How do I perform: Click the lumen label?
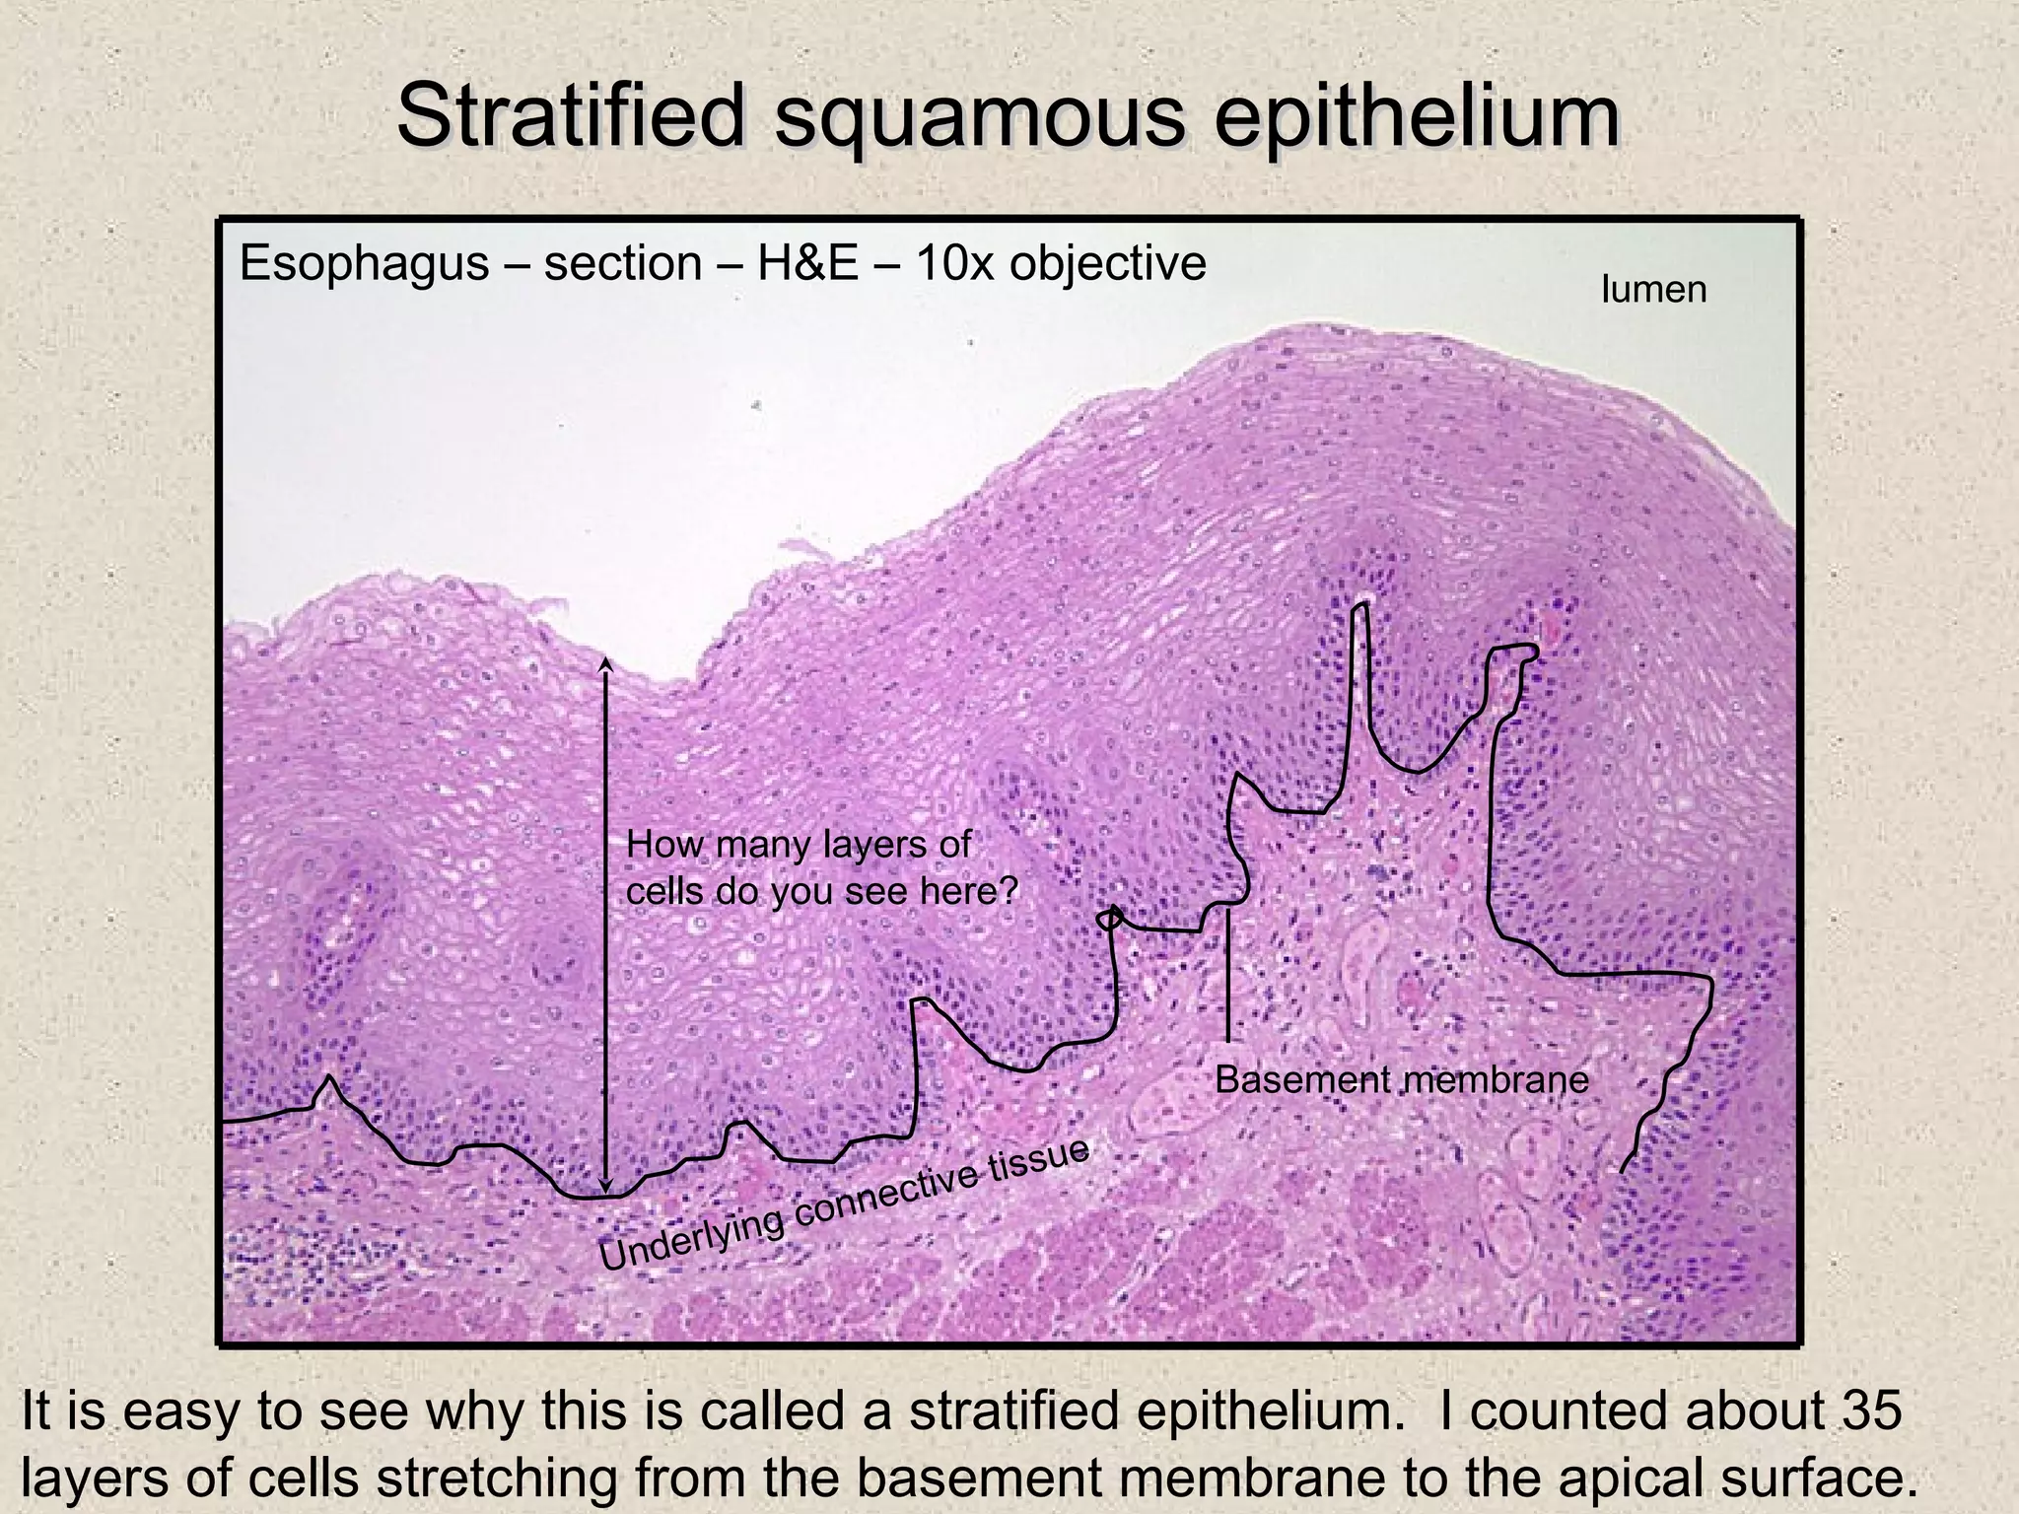[1653, 290]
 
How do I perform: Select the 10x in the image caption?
[952, 264]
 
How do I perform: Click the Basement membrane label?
[1401, 1080]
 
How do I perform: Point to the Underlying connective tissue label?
[845, 1204]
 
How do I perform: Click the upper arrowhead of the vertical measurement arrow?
[606, 662]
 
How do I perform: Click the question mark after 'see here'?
[1008, 891]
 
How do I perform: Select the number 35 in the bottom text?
[1871, 1411]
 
